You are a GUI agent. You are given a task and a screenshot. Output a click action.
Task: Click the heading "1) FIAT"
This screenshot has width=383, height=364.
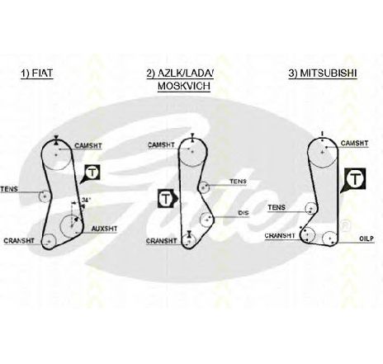(36, 73)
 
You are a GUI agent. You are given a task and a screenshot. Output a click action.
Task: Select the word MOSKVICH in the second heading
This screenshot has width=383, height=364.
(184, 86)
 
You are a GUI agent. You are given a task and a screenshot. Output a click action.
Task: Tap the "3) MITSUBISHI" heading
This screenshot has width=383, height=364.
(323, 73)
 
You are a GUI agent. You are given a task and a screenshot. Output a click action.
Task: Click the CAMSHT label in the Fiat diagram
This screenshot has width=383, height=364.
(88, 145)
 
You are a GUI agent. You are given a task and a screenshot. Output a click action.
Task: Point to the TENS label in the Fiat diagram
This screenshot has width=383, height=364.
(9, 189)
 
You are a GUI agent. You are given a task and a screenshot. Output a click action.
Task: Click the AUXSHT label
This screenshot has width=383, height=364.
(104, 229)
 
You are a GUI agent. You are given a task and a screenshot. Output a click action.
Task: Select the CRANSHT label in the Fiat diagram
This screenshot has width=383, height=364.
(19, 241)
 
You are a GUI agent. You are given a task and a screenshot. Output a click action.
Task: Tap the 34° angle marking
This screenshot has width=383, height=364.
(86, 201)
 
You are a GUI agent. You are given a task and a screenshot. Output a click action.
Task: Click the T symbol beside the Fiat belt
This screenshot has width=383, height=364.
(92, 173)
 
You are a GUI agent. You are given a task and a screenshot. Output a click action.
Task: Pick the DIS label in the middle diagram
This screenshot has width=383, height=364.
(244, 213)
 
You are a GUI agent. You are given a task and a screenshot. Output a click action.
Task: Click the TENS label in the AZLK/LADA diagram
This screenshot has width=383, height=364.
(238, 182)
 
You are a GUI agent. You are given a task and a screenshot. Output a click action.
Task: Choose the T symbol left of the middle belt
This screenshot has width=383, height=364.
(165, 198)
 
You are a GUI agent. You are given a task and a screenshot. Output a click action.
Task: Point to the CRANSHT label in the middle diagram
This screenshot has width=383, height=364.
(162, 241)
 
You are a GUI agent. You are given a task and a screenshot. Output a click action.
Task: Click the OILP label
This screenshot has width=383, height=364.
(366, 239)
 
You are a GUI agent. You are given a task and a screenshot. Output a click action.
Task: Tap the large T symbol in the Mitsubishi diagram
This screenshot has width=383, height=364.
(355, 179)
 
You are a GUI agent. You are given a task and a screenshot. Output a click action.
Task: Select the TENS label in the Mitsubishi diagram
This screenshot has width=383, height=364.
(277, 207)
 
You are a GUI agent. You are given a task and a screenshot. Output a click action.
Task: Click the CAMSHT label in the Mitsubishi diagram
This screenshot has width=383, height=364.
(354, 143)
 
